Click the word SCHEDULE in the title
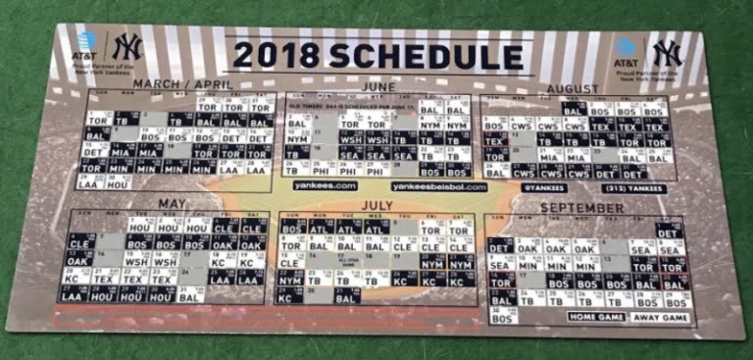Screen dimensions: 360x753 pos(411,56)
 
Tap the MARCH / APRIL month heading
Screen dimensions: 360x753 pos(183,84)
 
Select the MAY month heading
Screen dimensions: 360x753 pos(173,204)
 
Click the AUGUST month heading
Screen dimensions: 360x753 pos(573,88)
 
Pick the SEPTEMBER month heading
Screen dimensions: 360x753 pos(581,209)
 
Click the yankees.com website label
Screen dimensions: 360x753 pos(325,185)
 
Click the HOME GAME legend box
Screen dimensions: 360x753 pos(596,317)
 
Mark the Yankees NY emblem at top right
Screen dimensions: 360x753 pos(668,52)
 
